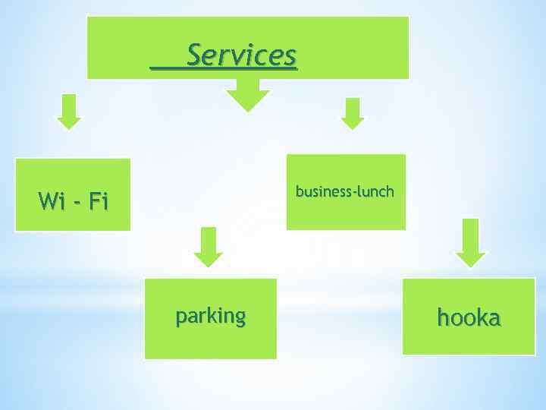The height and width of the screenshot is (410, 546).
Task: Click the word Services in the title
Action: click(x=241, y=55)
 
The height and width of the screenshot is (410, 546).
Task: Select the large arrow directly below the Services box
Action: click(x=247, y=95)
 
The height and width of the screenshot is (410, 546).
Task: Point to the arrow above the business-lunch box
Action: click(x=352, y=113)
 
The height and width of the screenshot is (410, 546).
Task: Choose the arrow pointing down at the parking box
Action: click(x=209, y=246)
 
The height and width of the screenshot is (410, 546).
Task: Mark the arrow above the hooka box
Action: click(x=471, y=242)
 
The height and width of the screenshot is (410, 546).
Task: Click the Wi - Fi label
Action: click(x=74, y=201)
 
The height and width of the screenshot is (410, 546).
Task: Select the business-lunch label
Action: click(x=345, y=191)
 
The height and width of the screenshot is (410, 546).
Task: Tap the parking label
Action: click(x=211, y=316)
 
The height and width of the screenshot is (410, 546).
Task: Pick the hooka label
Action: click(x=469, y=318)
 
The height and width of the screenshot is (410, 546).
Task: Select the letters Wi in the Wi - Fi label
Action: click(x=51, y=201)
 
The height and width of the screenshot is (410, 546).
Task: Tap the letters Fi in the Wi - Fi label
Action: click(x=99, y=201)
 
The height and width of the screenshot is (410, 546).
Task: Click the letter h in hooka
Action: click(x=444, y=317)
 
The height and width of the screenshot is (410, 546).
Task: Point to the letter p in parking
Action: click(x=180, y=317)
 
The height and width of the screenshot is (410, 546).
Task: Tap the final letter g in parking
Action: click(x=240, y=317)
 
